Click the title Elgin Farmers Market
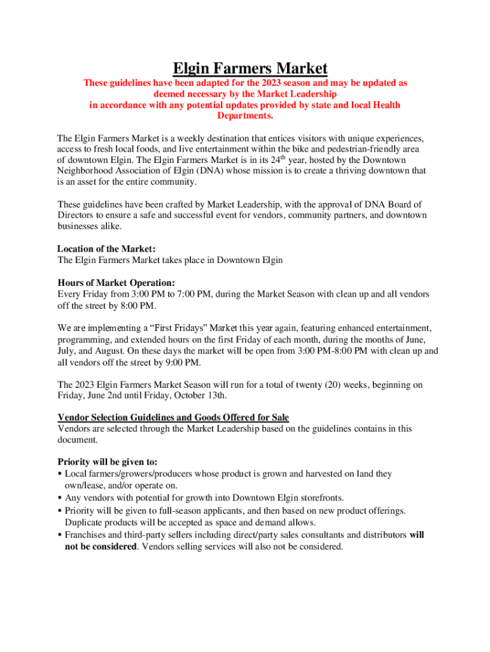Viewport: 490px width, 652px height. coord(251,68)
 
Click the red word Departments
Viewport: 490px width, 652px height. coord(245,116)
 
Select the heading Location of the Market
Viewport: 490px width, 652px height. coord(106,249)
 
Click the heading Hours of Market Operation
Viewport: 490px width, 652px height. coord(116,283)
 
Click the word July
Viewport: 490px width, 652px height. coord(67,351)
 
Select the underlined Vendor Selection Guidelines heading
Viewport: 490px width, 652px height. coord(173,418)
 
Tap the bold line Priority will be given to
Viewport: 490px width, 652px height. coord(108,462)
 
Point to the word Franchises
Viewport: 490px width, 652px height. coord(88,535)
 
